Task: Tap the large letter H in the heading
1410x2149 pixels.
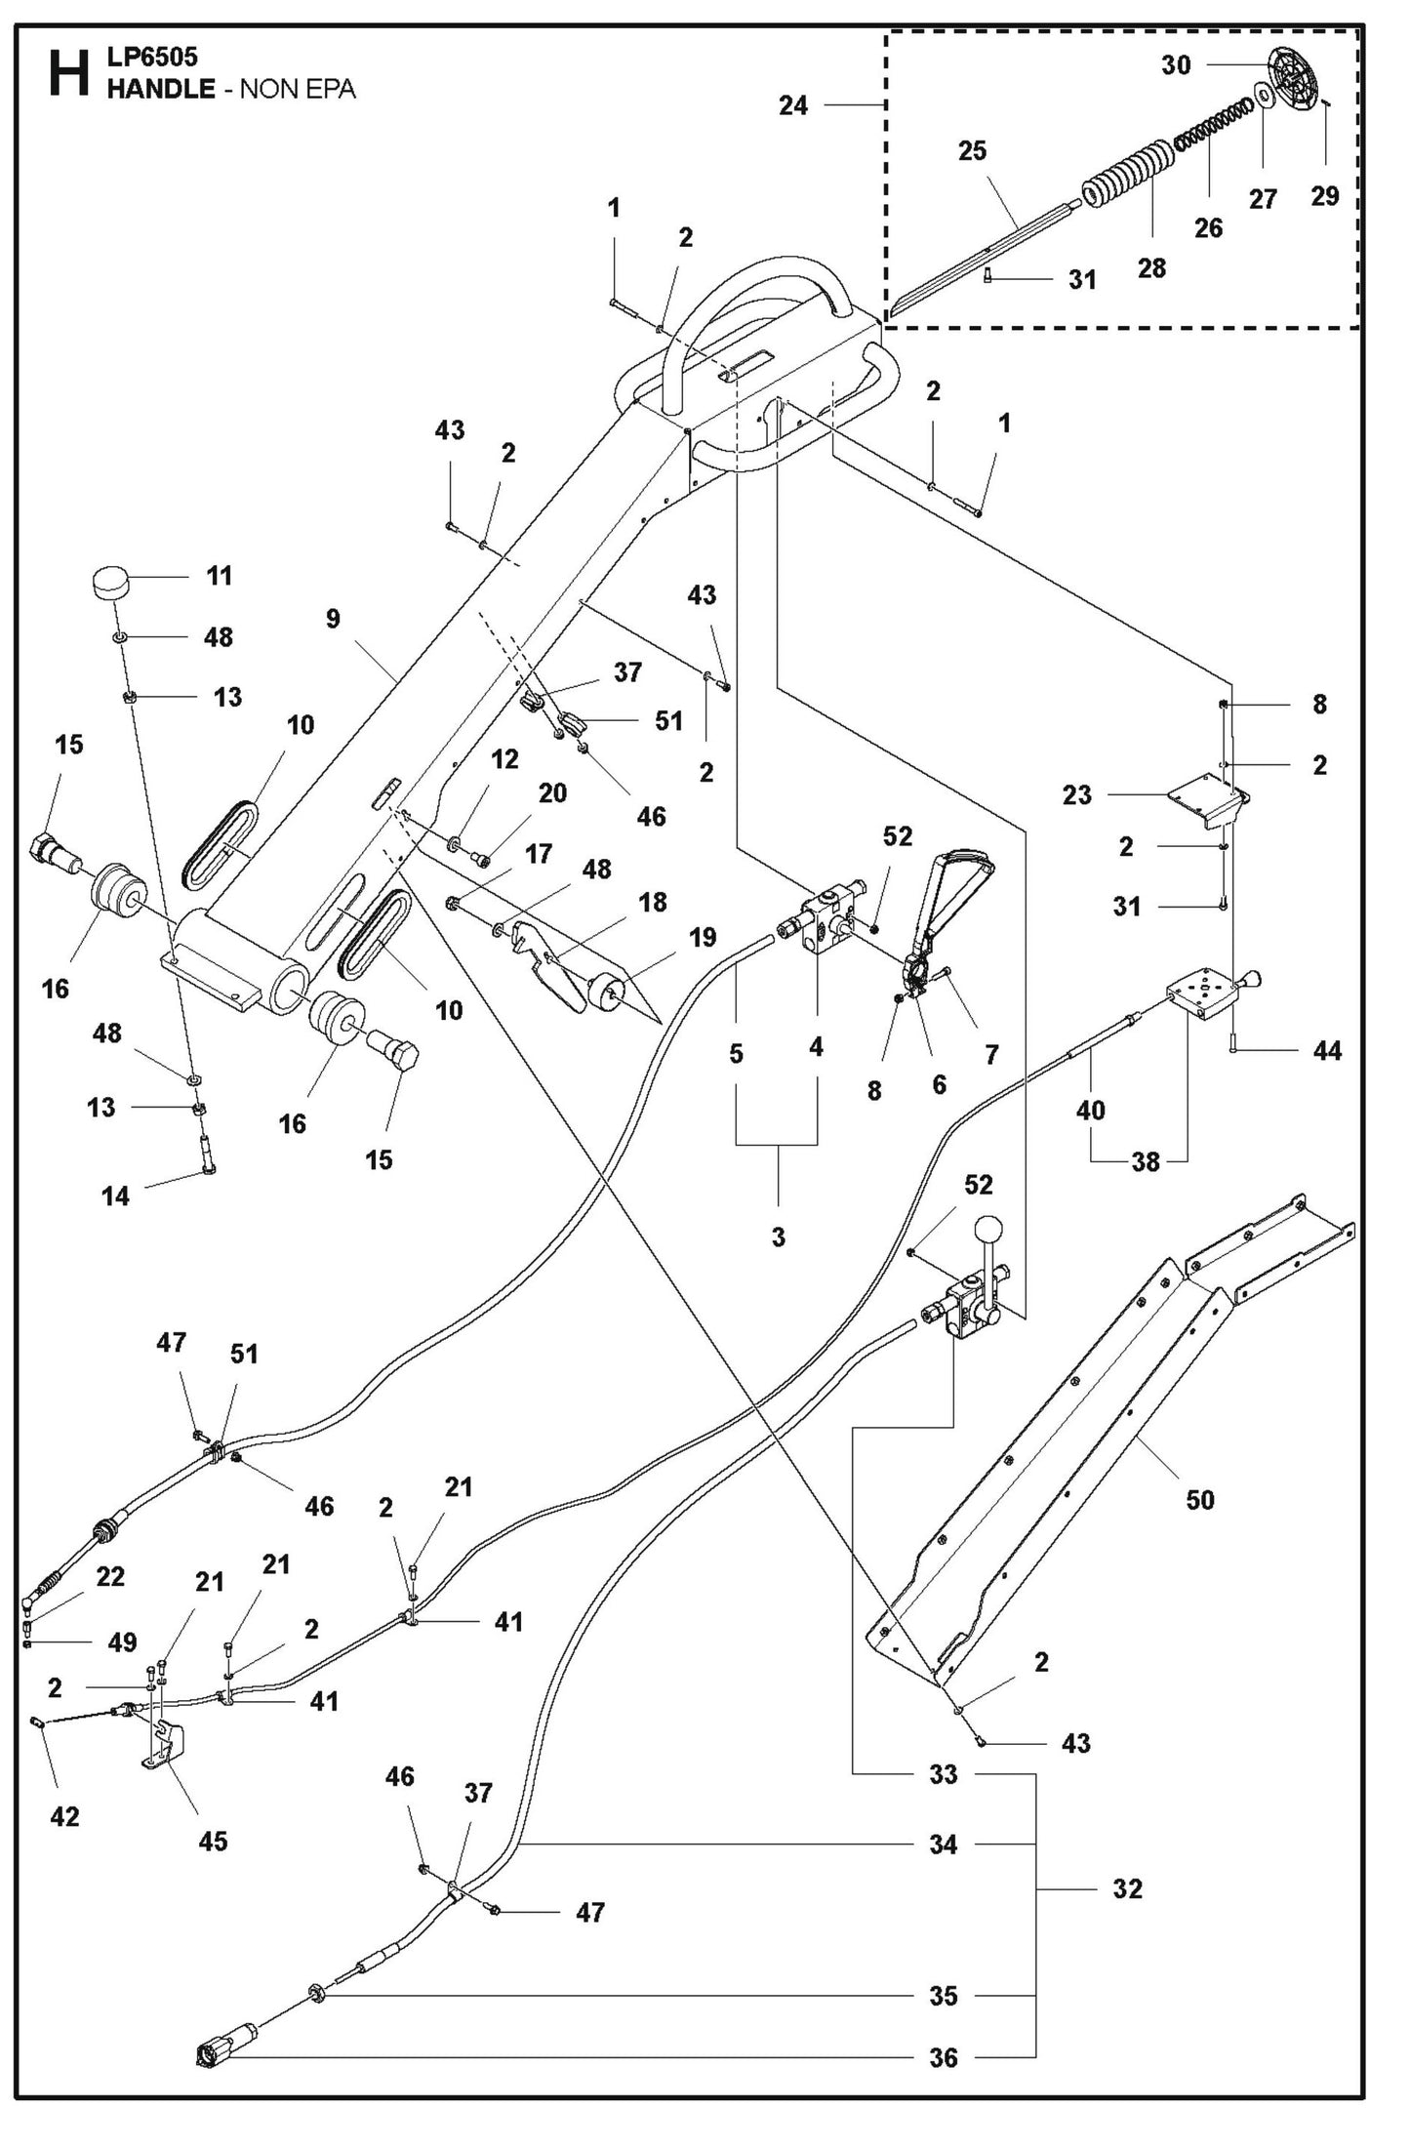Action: (x=69, y=75)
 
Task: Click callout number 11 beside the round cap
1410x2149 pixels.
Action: (x=220, y=576)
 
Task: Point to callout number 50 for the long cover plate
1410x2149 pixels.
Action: (x=1199, y=1499)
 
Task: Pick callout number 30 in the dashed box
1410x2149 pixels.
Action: (x=1176, y=64)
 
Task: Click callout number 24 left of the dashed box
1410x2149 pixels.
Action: (x=793, y=105)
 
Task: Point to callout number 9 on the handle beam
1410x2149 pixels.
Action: (x=334, y=619)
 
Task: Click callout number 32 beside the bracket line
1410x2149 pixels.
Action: (x=1127, y=1888)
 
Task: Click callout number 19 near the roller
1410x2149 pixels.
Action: (x=702, y=937)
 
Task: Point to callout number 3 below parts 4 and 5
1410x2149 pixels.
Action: (x=778, y=1237)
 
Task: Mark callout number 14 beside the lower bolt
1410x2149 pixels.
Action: (x=115, y=1196)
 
